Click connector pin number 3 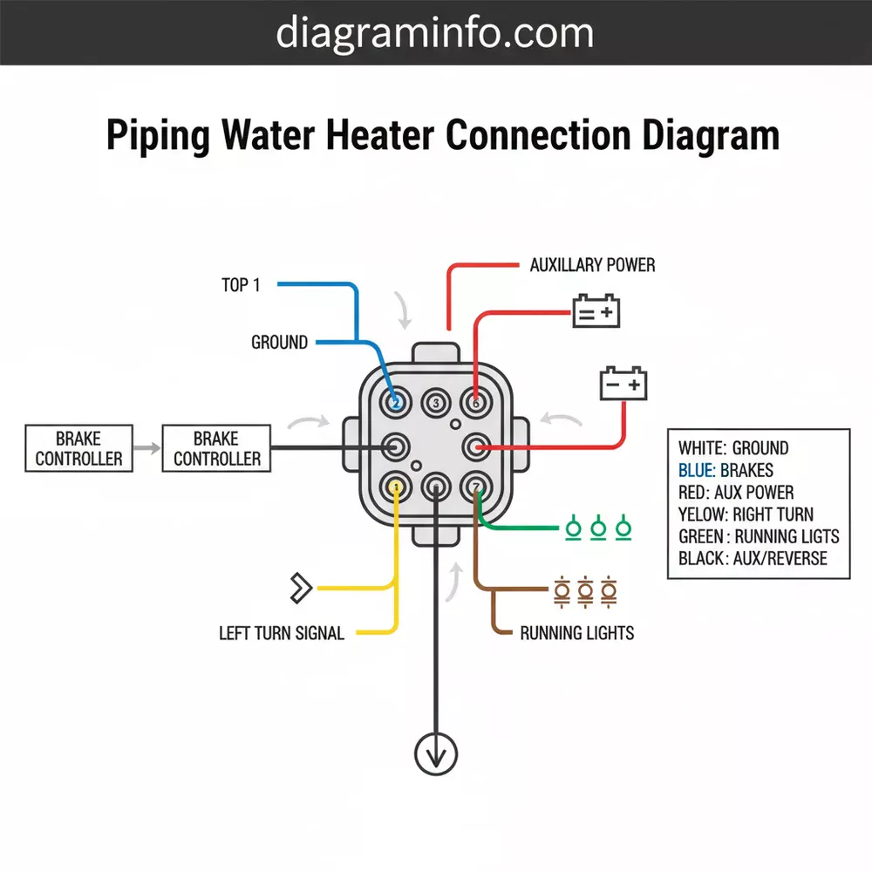click(435, 403)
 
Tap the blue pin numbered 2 click(395, 403)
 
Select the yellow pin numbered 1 click(396, 484)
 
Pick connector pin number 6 click(476, 403)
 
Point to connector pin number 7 click(476, 485)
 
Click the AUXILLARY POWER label click(592, 264)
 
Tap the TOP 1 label click(241, 285)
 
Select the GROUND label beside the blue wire click(279, 343)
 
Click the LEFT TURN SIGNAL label click(282, 633)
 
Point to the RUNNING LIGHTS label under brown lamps click(576, 633)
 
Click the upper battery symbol click(596, 311)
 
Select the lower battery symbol click(623, 384)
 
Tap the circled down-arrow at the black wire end click(435, 752)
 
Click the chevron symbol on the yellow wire click(300, 588)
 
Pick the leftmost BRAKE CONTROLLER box click(78, 448)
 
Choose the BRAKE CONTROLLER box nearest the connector click(216, 448)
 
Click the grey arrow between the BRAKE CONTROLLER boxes click(148, 448)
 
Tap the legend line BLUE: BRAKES click(726, 470)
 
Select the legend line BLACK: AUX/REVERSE click(752, 558)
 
